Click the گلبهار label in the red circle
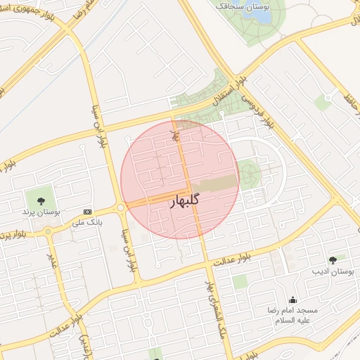click(185, 200)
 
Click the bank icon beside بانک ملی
click(87, 212)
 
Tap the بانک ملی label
click(87, 222)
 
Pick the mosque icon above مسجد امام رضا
click(292, 300)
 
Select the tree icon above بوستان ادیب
click(333, 260)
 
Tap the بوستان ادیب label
click(333, 271)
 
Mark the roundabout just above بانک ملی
click(121, 207)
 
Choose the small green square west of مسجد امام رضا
click(240, 282)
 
